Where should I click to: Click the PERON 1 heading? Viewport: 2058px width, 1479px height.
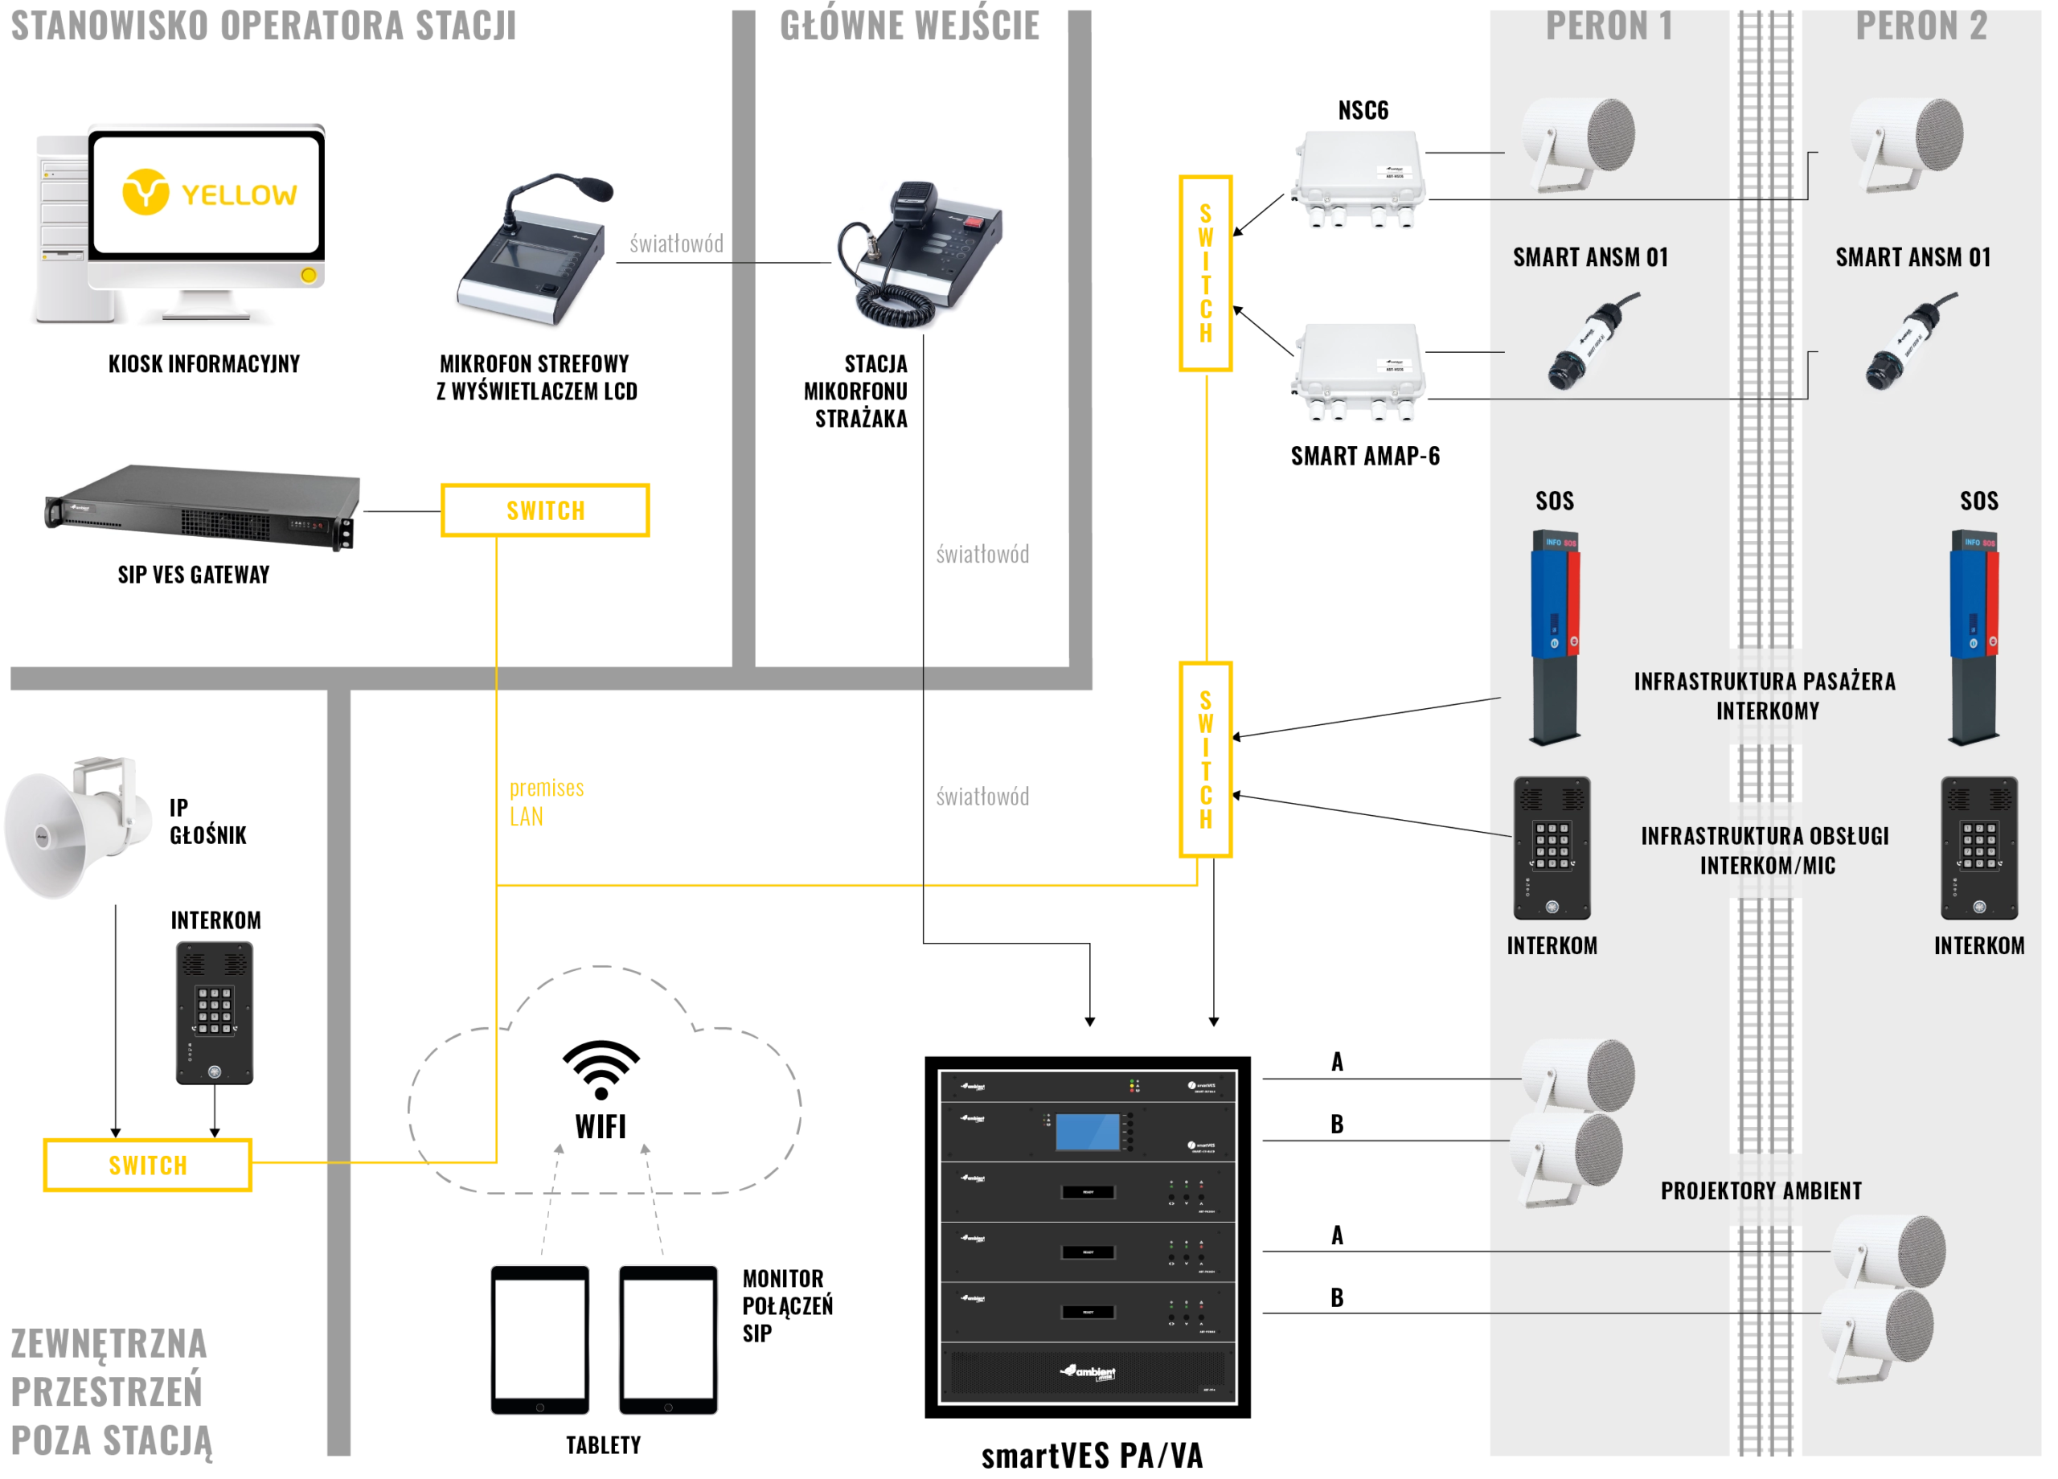click(1609, 27)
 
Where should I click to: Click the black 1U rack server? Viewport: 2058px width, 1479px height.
click(202, 508)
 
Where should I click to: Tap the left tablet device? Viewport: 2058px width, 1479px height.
click(540, 1339)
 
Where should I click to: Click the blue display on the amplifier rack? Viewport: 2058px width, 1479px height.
click(1086, 1133)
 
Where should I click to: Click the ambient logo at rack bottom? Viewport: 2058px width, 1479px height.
click(1088, 1372)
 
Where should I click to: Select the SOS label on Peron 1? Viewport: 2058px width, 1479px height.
click(1555, 501)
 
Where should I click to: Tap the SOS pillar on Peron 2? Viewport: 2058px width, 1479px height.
click(1974, 635)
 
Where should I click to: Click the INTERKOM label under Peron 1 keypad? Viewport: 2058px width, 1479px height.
click(1552, 945)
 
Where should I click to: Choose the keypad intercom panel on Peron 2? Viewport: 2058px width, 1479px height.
click(1979, 847)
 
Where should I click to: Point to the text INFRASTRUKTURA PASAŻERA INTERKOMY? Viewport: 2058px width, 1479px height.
click(1765, 696)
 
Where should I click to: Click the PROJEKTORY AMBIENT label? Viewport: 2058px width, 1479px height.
click(1761, 1190)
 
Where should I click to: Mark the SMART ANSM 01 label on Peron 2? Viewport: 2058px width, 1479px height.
click(1912, 258)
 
